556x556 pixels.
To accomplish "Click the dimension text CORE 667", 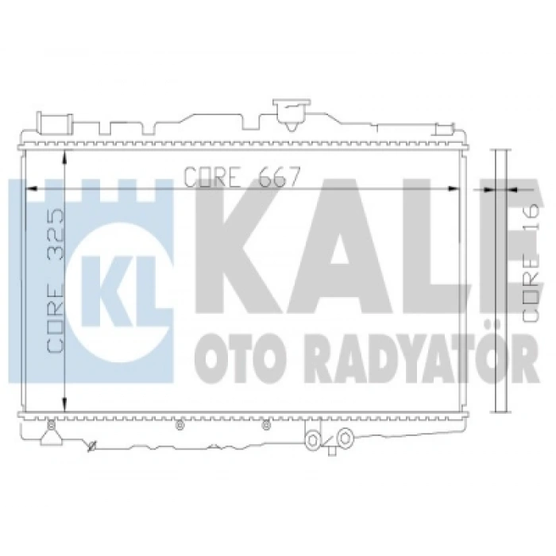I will tap(242, 176).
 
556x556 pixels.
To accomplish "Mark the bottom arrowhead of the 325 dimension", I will tap(64, 404).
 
